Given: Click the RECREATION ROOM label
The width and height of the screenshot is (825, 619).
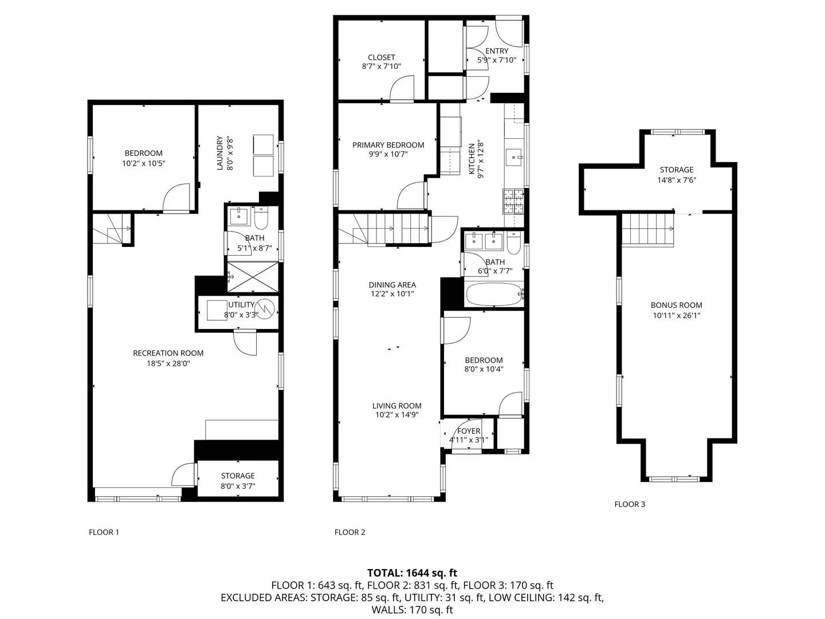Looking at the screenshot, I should (168, 353).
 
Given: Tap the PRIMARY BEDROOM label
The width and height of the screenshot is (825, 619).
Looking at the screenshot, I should (388, 145).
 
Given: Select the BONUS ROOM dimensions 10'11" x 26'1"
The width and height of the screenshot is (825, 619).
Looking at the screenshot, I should (676, 315).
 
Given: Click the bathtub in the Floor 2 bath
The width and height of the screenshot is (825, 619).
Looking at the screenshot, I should (493, 295).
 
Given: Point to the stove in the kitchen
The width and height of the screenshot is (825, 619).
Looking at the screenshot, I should (514, 199).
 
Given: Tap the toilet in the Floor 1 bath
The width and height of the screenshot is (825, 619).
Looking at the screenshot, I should (261, 218).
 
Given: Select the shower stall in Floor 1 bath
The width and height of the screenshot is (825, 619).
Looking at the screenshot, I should (253, 277).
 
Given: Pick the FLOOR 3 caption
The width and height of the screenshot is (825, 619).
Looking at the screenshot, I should (630, 504).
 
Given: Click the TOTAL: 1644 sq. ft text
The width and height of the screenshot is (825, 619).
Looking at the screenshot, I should (412, 573).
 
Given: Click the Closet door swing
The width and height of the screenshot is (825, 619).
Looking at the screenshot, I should (402, 89).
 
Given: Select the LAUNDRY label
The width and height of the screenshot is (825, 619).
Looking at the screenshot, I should (219, 153).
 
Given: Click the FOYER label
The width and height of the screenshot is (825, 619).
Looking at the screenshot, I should (469, 431).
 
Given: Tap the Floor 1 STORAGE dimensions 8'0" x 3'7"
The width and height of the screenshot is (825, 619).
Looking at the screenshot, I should (238, 486).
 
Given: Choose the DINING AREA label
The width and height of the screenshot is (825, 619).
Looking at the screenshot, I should (392, 285).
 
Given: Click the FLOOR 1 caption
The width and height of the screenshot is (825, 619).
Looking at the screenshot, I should (104, 532).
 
